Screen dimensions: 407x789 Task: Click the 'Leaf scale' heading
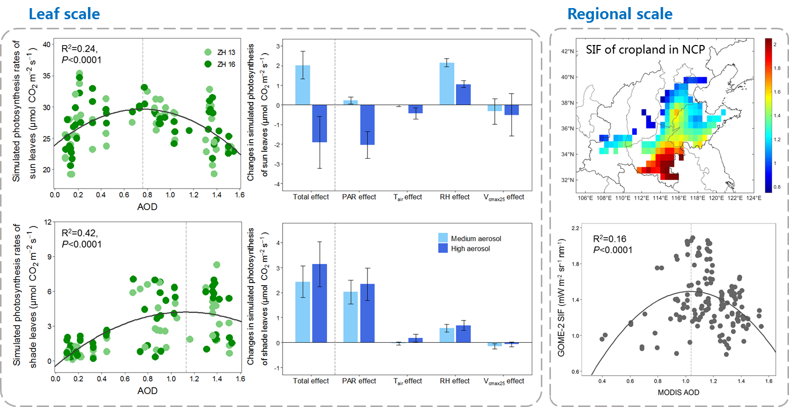coord(64,14)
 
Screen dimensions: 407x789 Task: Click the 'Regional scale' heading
coord(620,14)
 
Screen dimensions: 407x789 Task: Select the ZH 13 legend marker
coord(208,52)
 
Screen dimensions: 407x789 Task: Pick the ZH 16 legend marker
coord(208,64)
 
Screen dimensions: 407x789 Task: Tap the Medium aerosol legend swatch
coord(443,238)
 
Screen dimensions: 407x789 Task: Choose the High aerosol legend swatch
coord(443,248)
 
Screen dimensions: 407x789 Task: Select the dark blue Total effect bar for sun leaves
coord(319,123)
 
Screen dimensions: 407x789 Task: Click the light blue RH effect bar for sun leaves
coord(447,83)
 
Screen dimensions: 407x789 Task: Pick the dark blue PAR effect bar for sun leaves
coord(367,124)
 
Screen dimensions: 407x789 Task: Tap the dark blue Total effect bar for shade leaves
coord(319,303)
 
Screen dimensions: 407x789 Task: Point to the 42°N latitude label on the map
coord(570,52)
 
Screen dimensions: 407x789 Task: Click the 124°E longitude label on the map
coord(754,198)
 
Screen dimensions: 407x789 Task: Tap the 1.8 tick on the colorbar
coord(776,68)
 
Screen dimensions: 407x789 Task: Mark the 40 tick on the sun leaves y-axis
coord(46,44)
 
